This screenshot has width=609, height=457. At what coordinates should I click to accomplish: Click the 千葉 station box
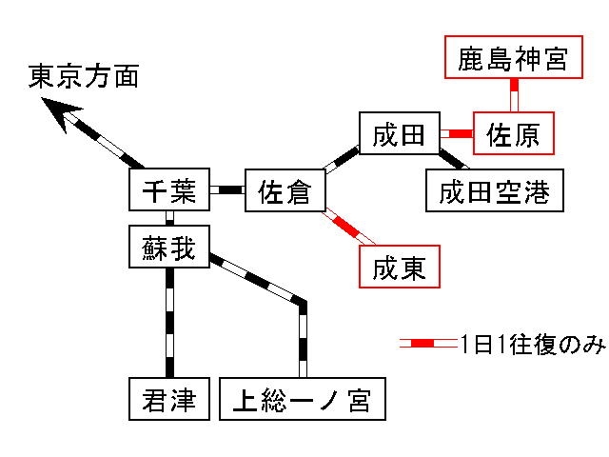(x=168, y=190)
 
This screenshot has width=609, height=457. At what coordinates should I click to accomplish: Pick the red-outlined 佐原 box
(x=513, y=135)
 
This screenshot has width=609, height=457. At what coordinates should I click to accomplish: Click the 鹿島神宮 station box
(x=513, y=59)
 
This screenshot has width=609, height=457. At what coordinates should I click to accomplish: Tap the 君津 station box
(x=168, y=399)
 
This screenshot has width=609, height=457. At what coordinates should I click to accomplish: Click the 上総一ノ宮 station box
(x=304, y=399)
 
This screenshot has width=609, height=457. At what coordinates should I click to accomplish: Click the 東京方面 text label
(x=84, y=75)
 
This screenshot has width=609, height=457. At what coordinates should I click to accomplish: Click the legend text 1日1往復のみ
(x=531, y=344)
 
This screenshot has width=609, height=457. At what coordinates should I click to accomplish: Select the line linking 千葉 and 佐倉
(x=226, y=190)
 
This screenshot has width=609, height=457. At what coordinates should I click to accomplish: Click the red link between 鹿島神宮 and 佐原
(x=514, y=97)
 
